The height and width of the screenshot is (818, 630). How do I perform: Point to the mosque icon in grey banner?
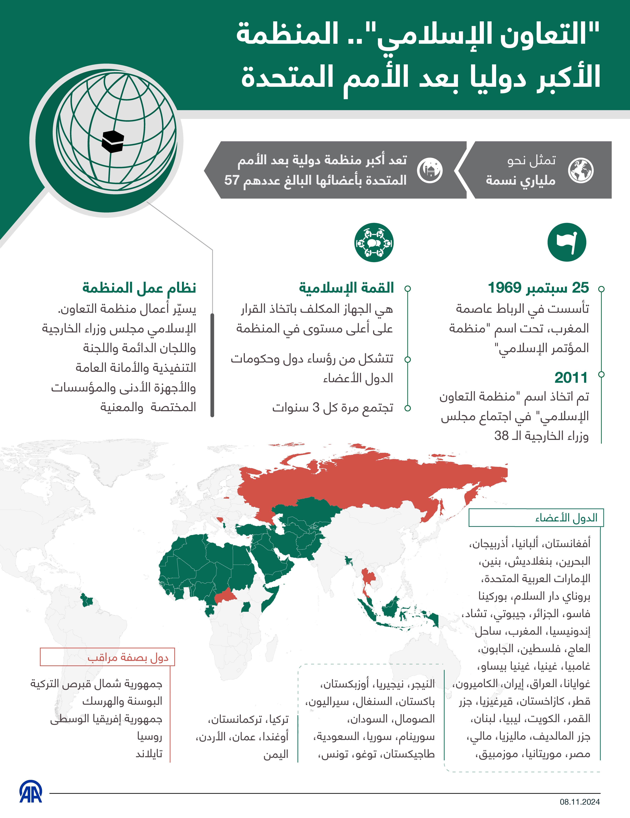(x=430, y=170)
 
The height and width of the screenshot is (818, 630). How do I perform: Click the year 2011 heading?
(x=571, y=378)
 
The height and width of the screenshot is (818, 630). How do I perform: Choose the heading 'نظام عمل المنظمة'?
(x=139, y=288)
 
